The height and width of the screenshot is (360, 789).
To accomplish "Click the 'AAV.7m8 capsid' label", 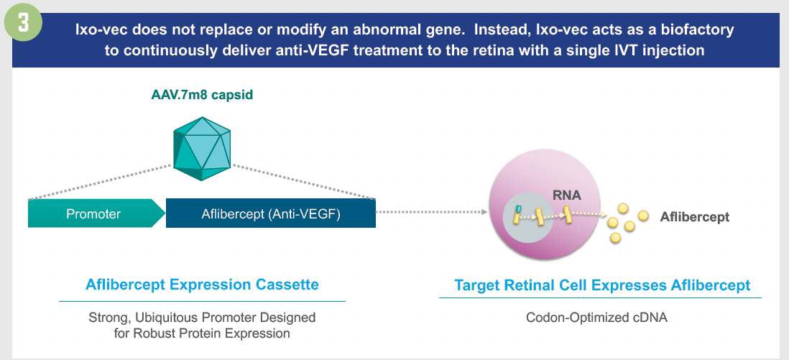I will (202, 95).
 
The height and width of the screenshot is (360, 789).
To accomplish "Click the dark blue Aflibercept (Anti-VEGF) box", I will (270, 213).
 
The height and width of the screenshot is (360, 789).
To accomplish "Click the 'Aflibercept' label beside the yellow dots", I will (694, 216).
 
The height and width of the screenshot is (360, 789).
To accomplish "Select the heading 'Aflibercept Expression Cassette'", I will (202, 285).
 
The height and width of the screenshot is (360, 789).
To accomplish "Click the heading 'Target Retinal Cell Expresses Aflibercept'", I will (602, 285).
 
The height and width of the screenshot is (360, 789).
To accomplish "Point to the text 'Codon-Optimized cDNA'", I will (596, 317).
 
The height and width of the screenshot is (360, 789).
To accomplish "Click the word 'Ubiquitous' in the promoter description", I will (161, 317).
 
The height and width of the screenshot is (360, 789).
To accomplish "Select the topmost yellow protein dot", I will (624, 208).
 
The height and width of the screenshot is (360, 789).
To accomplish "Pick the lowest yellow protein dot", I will (614, 236).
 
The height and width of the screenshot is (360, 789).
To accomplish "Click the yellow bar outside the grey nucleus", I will (567, 213).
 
